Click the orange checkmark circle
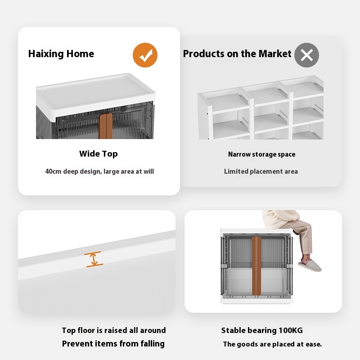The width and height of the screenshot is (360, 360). click(x=145, y=55)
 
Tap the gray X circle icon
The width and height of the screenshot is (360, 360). click(x=306, y=55)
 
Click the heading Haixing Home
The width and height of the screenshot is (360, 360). click(x=61, y=54)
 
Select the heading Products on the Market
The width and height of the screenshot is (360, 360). click(x=237, y=54)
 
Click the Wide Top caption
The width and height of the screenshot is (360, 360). click(x=99, y=153)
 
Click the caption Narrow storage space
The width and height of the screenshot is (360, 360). click(x=261, y=154)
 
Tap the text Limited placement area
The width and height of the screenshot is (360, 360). click(x=261, y=171)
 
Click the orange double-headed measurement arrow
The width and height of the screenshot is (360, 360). click(x=94, y=260)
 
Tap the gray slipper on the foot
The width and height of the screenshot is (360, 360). click(x=310, y=265)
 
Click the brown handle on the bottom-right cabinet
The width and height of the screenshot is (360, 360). click(x=256, y=266)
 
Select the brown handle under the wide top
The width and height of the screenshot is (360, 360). click(x=106, y=126)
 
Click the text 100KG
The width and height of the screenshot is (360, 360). click(x=290, y=330)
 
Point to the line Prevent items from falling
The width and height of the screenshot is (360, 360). click(x=113, y=344)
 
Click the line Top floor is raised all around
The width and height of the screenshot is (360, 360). click(x=114, y=330)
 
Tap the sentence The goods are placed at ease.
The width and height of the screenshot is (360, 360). click(x=272, y=344)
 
